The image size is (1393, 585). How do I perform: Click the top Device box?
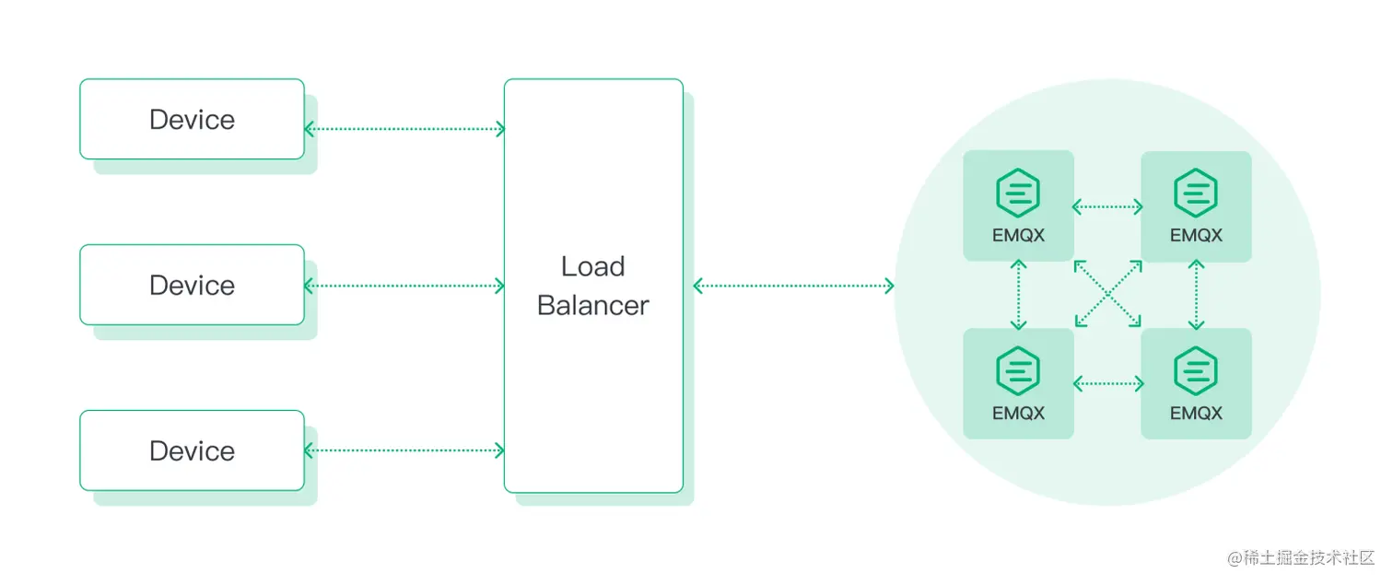[192, 119]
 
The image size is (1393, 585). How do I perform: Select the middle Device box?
[192, 285]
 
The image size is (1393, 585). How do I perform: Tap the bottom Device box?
[192, 450]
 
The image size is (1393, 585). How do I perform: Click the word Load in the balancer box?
[592, 266]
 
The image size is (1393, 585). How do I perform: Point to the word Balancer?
[592, 305]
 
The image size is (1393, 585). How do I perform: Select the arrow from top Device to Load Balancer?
[404, 129]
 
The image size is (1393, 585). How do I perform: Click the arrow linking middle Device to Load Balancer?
[404, 286]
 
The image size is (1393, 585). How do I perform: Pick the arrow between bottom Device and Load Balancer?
[404, 450]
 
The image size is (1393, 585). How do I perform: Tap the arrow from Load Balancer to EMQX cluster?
[793, 286]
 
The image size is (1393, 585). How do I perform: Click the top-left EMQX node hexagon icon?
[1018, 193]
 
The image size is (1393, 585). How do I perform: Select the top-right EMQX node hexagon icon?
[1196, 193]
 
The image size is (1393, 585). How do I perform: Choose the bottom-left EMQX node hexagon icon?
[1018, 371]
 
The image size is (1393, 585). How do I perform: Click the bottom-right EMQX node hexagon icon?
[1196, 371]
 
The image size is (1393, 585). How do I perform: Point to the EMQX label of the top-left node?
[1018, 235]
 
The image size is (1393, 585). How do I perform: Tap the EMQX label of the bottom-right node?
[1196, 413]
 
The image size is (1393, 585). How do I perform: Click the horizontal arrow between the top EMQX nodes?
[1107, 206]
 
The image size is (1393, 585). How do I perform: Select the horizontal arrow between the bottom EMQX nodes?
[1107, 383]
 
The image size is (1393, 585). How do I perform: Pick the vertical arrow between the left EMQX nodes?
[1018, 295]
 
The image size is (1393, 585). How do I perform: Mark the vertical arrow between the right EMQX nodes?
[1196, 295]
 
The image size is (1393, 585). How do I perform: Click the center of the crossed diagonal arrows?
[1107, 294]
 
